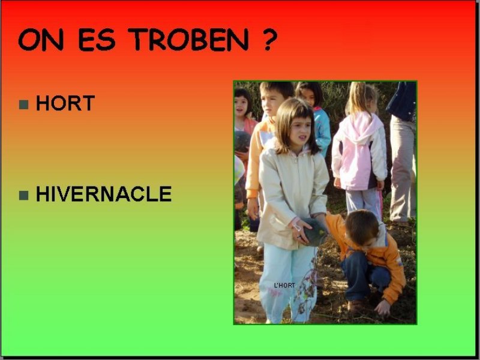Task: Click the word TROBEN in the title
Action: (x=190, y=40)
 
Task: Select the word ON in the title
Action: (x=41, y=40)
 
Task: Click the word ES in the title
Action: (x=97, y=40)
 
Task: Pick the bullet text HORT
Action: (x=65, y=103)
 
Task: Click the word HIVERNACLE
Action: (x=104, y=194)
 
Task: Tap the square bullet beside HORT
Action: (x=23, y=104)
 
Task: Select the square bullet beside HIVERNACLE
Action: (x=23, y=196)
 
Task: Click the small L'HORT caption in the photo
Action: (x=284, y=286)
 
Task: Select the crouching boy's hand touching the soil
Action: (x=383, y=307)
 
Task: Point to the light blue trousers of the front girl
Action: (x=286, y=281)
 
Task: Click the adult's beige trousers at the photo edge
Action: (x=403, y=169)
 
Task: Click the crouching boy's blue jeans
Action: (x=364, y=277)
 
